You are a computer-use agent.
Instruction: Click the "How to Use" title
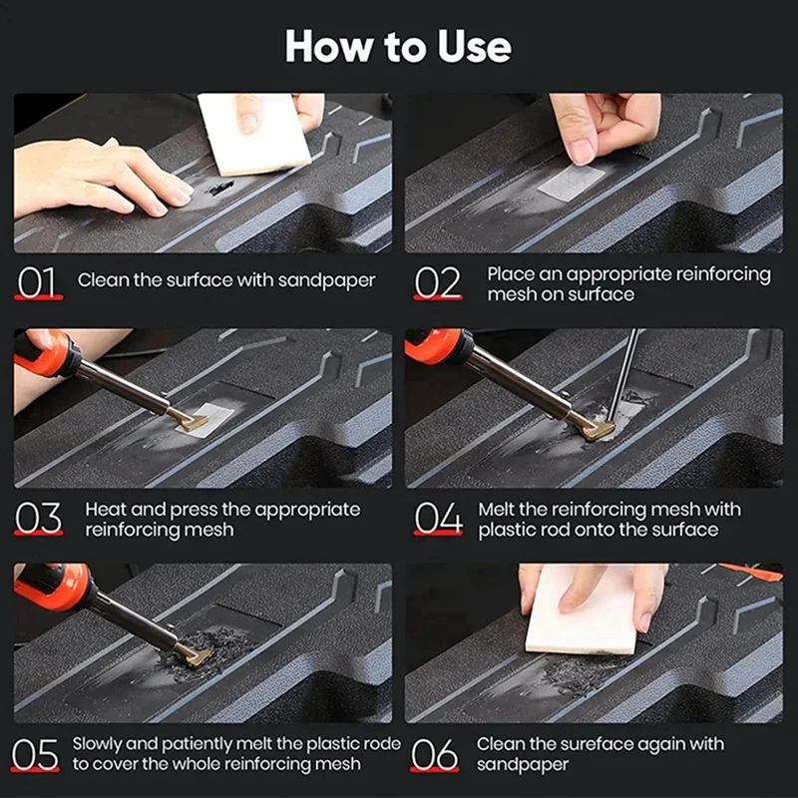pyautogui.click(x=398, y=46)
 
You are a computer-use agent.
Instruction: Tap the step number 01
pyautogui.click(x=37, y=282)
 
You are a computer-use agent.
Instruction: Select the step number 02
pyautogui.click(x=437, y=282)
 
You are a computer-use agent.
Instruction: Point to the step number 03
pyautogui.click(x=38, y=518)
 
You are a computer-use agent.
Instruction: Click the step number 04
pyautogui.click(x=438, y=518)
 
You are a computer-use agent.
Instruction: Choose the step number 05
pyautogui.click(x=35, y=754)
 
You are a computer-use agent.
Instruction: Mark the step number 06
pyautogui.click(x=434, y=754)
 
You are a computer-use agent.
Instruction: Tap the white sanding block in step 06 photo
pyautogui.click(x=582, y=610)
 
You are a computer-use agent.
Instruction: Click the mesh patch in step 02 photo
pyautogui.click(x=571, y=183)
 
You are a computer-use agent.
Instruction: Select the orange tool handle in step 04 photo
pyautogui.click(x=436, y=346)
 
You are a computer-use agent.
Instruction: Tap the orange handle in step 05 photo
pyautogui.click(x=52, y=587)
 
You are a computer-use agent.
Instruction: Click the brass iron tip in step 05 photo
pyautogui.click(x=197, y=655)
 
